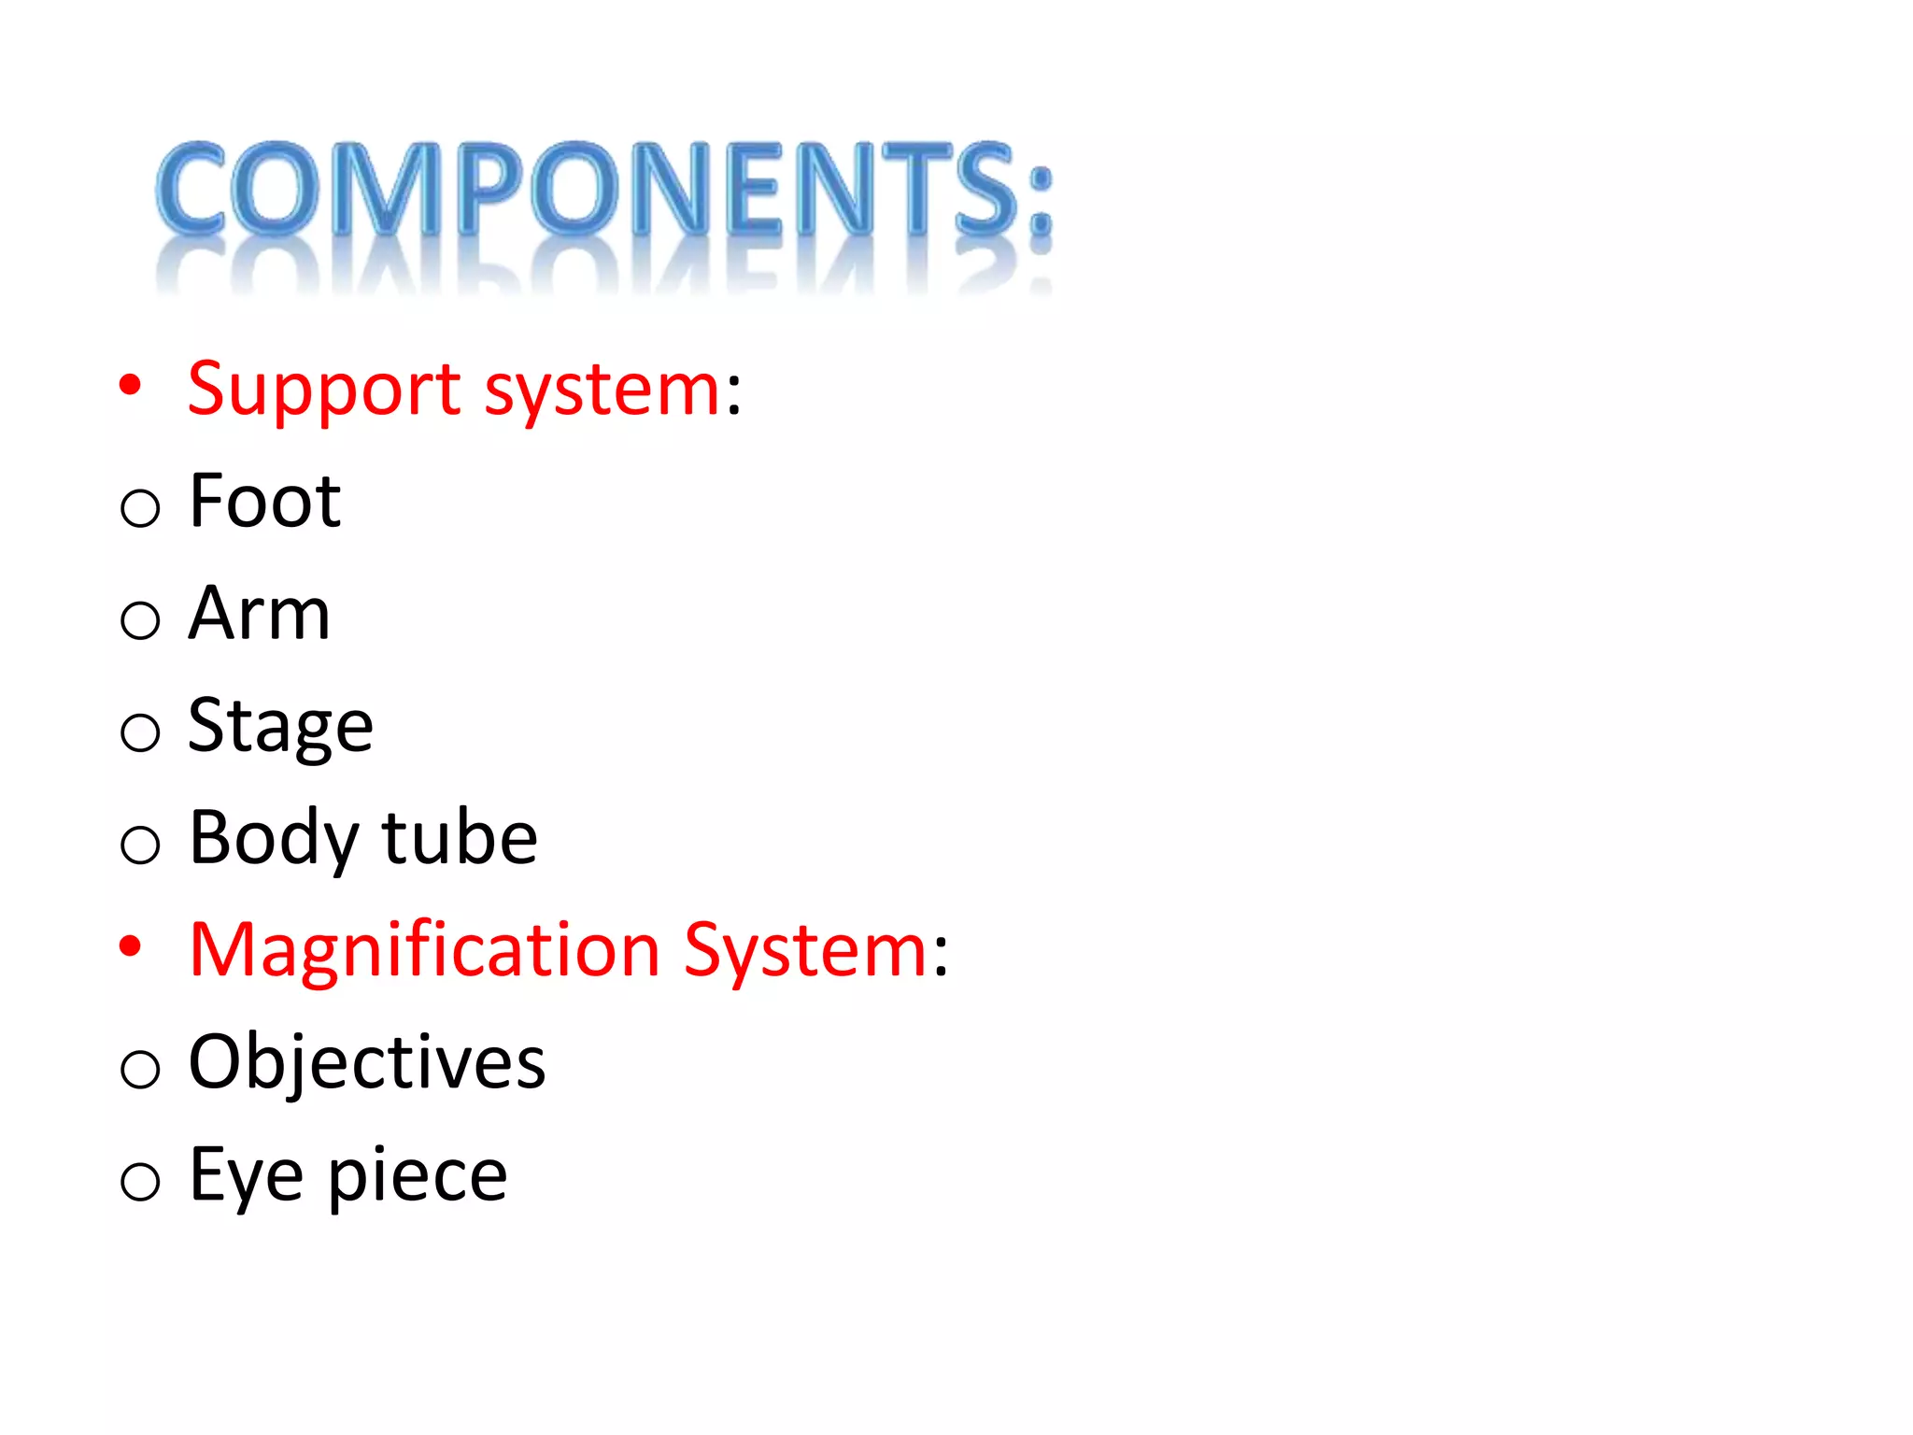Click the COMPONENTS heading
coord(603,190)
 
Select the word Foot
coord(264,502)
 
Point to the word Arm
coord(259,614)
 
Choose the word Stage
coord(280,728)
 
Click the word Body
coord(273,838)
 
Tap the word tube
coord(460,838)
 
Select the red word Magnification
coord(424,951)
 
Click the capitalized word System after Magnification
coord(805,951)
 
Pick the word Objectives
coord(366,1063)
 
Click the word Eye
coord(246,1175)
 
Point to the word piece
coord(418,1177)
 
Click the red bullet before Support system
coord(130,384)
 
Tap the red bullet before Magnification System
coord(130,945)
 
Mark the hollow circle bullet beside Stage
coord(140,732)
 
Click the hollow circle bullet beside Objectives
coord(140,1069)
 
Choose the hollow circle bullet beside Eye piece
coord(140,1181)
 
